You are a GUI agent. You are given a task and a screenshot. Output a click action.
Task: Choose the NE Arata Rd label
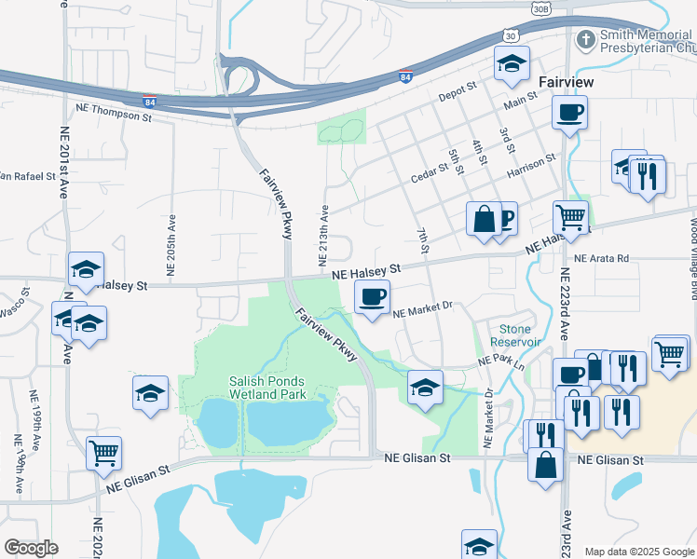(x=602, y=258)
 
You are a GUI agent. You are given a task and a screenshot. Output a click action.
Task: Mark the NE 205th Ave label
(x=171, y=225)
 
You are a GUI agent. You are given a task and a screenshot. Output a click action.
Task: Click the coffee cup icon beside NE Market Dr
(x=372, y=297)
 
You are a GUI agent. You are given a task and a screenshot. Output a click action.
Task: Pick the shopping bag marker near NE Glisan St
(x=545, y=462)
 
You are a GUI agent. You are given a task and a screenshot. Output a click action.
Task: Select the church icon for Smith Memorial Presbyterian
(x=586, y=40)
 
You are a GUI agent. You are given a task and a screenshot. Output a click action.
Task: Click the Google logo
(x=31, y=548)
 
